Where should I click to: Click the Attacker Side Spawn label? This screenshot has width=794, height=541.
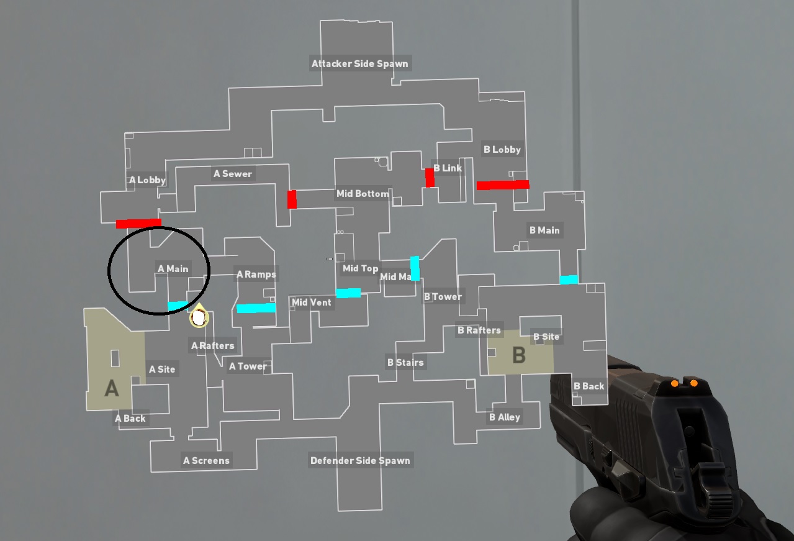tap(360, 63)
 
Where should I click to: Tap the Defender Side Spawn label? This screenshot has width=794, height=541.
tap(360, 461)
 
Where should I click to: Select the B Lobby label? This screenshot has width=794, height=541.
tap(502, 149)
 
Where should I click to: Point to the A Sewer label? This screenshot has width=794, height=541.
tap(233, 174)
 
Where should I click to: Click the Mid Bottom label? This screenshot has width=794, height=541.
tap(363, 194)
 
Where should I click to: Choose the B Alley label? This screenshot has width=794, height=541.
tap(504, 417)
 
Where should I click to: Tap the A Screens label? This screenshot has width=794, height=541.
tap(206, 461)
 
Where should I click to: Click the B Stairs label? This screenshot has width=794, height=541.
tap(405, 362)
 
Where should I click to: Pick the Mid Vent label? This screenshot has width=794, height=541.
tap(311, 302)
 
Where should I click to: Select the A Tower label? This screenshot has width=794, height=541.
tap(248, 366)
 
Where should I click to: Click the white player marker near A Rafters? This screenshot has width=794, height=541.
tap(199, 317)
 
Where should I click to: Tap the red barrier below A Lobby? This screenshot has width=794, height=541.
tap(138, 223)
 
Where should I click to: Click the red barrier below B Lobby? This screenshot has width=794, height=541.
tap(503, 184)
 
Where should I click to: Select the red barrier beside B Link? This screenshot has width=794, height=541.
tap(430, 177)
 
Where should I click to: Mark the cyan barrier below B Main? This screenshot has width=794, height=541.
tap(569, 280)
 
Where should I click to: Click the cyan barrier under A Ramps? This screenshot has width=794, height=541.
tap(256, 307)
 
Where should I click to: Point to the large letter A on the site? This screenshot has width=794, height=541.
tap(111, 388)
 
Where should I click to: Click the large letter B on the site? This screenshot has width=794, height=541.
tap(518, 355)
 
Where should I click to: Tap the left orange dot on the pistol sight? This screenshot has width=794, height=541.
tap(674, 383)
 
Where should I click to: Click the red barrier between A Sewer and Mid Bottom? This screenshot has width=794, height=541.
tap(292, 199)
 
